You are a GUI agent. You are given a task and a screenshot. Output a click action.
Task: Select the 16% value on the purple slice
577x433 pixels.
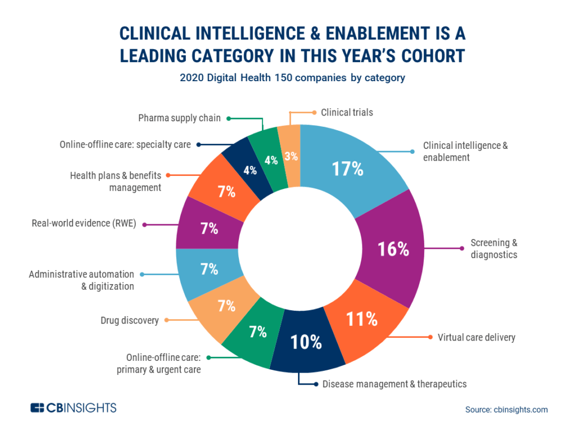[392, 249]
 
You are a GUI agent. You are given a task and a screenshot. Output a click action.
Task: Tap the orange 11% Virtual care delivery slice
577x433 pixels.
[361, 320]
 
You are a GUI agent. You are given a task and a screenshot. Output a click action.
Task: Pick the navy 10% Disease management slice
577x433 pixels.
[306, 342]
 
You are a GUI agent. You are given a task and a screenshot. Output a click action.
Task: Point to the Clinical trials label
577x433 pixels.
[347, 112]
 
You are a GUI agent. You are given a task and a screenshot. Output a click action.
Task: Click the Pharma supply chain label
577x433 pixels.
[179, 118]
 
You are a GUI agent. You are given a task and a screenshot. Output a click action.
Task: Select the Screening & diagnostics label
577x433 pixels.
[494, 249]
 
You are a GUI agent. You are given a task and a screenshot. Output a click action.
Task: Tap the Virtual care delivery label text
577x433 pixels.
[476, 338]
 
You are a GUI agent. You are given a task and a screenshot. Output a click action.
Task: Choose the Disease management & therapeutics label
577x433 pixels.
[394, 384]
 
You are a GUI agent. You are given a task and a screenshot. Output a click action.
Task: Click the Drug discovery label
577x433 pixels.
[130, 320]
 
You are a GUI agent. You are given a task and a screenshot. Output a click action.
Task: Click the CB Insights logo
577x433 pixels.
[73, 408]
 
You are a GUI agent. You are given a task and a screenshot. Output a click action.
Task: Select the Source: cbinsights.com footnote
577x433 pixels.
[506, 410]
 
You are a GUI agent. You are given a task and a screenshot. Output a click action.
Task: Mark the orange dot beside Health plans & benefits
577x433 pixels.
[167, 175]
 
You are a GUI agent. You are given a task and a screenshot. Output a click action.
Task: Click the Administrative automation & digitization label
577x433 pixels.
[81, 280]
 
